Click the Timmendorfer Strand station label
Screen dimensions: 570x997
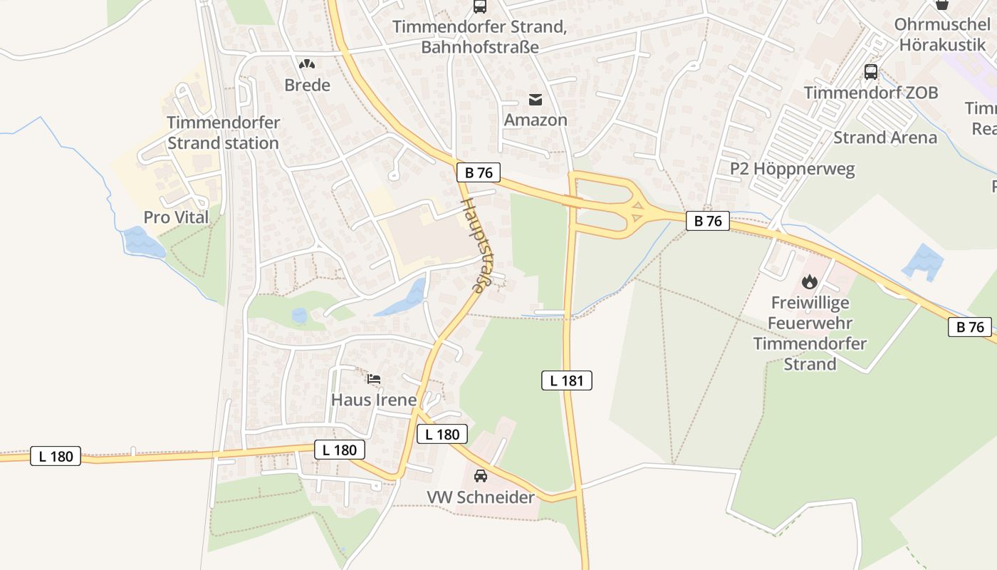(x=223, y=133)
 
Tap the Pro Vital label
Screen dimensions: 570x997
(x=176, y=217)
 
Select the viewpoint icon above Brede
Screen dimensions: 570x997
(x=307, y=65)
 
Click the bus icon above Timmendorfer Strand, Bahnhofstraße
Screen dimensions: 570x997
(x=480, y=7)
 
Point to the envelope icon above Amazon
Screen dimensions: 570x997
(x=536, y=100)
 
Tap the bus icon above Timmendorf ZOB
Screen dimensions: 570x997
(x=870, y=72)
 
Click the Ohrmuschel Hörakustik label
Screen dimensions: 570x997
(x=941, y=34)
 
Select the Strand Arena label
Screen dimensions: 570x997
(x=884, y=138)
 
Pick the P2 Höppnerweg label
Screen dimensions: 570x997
(x=792, y=169)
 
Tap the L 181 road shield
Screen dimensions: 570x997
(x=567, y=380)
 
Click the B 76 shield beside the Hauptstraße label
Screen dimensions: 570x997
(x=479, y=172)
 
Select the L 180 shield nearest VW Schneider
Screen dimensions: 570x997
(x=442, y=434)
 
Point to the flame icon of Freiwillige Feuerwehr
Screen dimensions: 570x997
(x=810, y=282)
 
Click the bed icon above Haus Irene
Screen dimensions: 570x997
(x=374, y=379)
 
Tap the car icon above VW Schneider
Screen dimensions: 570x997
(x=481, y=476)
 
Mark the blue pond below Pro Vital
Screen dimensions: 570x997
(x=143, y=242)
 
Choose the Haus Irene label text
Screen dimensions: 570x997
(x=374, y=400)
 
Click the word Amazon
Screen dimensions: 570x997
(x=536, y=120)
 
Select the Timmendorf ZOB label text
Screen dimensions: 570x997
(x=870, y=93)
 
